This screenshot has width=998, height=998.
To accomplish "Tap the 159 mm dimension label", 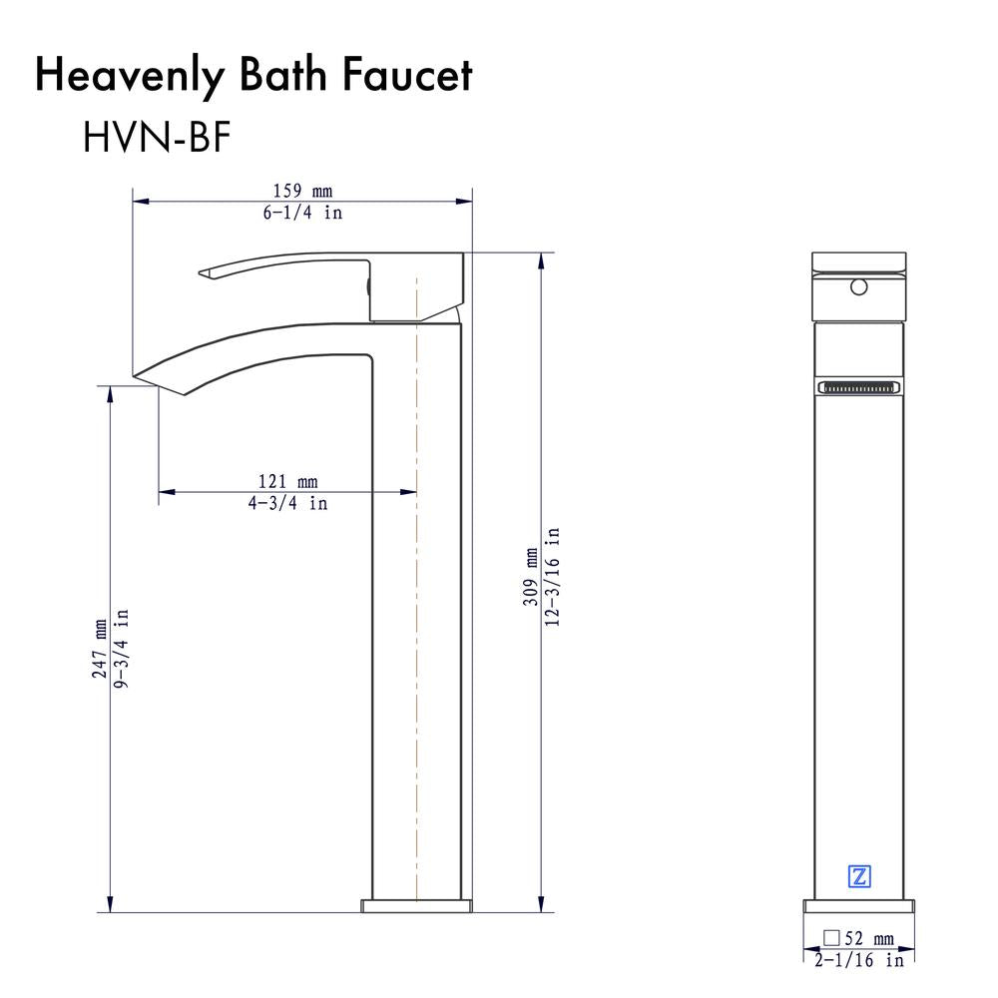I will point(302,191).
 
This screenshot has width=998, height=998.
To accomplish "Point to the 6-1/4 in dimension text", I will point(302,213).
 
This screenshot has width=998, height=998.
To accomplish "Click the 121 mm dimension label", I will point(287,483).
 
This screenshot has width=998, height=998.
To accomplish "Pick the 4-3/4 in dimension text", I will point(287,504).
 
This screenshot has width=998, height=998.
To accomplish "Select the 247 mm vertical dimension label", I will point(100,648).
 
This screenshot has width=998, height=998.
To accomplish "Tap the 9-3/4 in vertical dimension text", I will point(121,648).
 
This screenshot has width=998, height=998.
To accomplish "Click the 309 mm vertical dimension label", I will point(532,579).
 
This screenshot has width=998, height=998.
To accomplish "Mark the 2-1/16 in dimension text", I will point(858,960).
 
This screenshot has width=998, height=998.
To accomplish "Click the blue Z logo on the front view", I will point(858,877).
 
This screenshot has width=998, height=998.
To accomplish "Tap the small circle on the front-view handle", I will point(856,289).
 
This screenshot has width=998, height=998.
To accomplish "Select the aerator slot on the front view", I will point(859,386).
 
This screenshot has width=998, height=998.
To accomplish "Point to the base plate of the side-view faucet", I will point(415,905).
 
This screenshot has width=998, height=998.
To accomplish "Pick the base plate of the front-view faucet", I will point(859,905).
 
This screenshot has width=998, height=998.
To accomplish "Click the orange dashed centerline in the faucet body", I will point(415,599).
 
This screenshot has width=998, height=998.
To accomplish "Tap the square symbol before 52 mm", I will point(830,938).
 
